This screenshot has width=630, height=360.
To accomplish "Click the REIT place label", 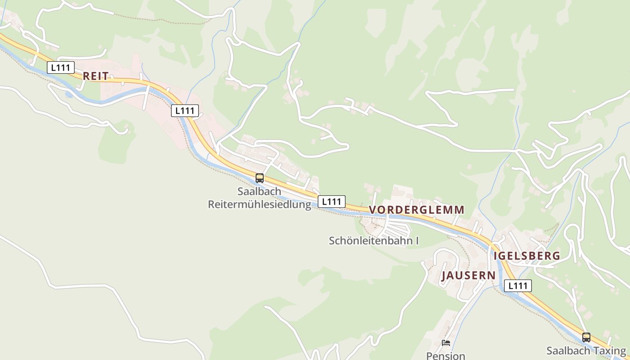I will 96,76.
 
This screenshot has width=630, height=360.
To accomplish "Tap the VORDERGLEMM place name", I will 416,210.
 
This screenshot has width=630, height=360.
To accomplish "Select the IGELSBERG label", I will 527,256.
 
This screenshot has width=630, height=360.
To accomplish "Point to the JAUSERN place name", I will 468,275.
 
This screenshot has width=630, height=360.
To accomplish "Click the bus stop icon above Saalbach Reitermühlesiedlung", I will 260,178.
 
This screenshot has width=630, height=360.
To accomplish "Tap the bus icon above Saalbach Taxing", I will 586,337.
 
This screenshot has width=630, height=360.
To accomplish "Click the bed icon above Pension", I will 445,343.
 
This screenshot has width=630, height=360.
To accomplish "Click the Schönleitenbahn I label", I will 373,241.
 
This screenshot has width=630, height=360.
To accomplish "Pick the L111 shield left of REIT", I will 60,67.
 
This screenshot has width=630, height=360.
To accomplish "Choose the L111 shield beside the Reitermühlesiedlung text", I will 332,202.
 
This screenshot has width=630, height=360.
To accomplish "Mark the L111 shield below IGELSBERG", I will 518,285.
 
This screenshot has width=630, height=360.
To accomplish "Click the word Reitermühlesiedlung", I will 259,204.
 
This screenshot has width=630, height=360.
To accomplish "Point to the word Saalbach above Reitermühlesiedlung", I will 259,191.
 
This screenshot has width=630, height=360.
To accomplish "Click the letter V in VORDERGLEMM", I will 373,210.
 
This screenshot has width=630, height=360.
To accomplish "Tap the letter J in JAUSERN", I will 444,276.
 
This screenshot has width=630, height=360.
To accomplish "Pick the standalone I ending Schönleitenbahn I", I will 417,241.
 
